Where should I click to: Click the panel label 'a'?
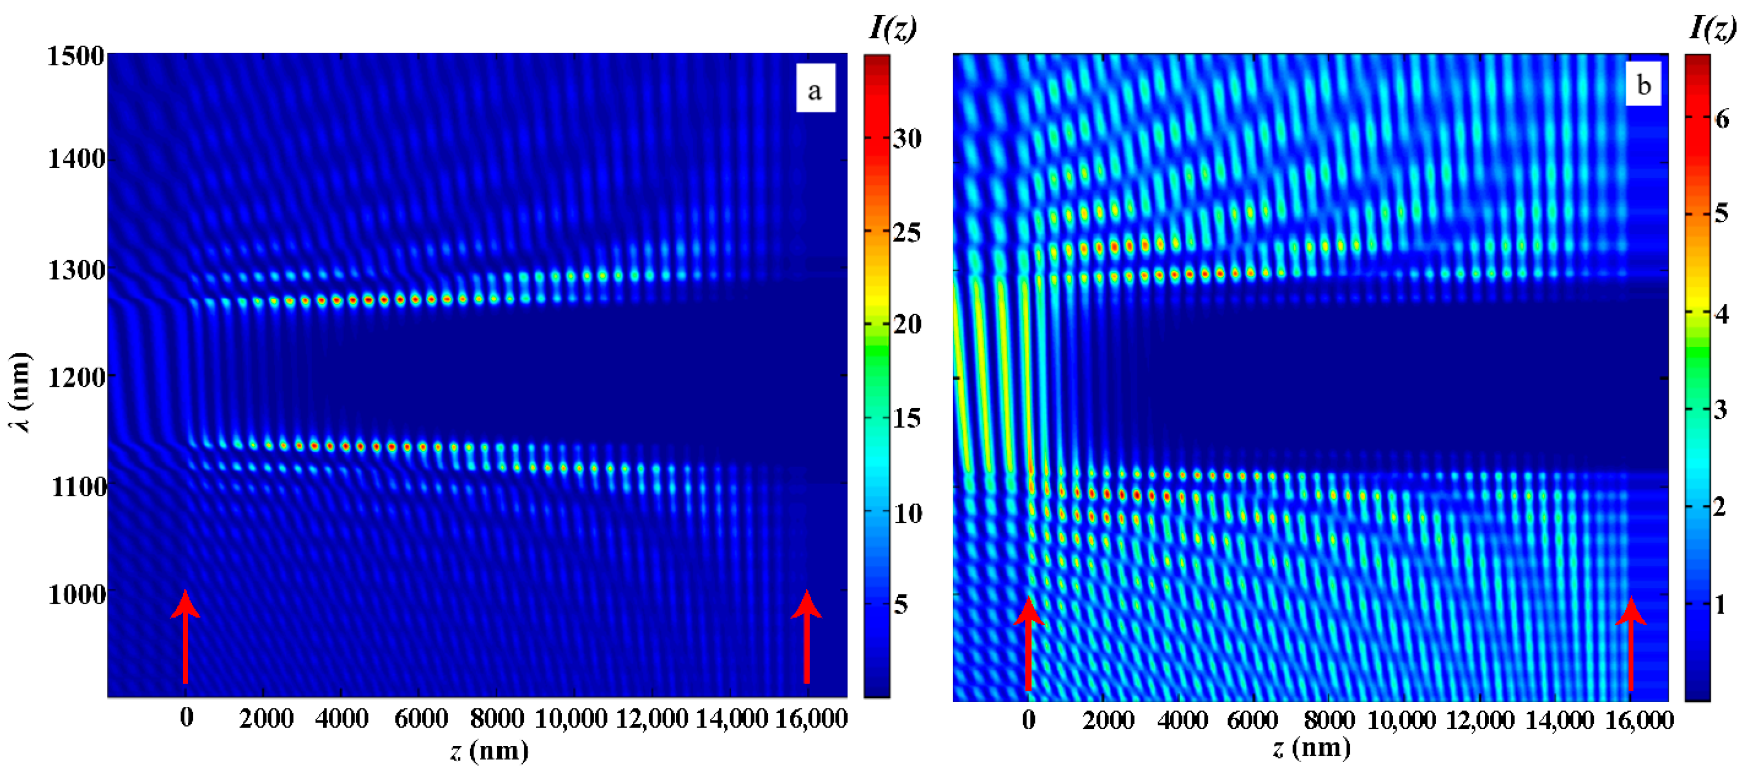815,89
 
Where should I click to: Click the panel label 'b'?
1643,85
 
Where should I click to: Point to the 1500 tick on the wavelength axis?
75,56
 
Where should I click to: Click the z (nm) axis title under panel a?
488,750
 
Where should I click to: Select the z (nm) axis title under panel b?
1312,748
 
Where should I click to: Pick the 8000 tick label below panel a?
496,718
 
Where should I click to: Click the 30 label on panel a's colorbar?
906,139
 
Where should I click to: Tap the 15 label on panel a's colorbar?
906,418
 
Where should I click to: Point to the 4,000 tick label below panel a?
342,718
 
